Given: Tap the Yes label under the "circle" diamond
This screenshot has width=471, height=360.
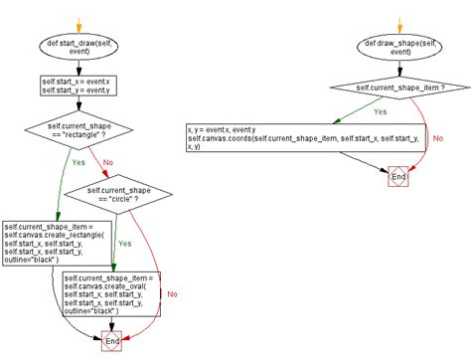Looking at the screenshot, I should (124, 243).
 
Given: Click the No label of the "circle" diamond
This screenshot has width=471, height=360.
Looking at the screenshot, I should (173, 295).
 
